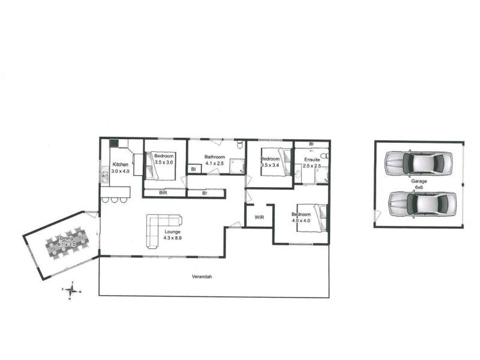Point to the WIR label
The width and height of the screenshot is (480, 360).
pyautogui.click(x=259, y=217)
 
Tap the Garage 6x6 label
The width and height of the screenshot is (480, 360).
pyautogui.click(x=419, y=183)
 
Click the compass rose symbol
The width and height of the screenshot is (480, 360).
pyautogui.click(x=72, y=290)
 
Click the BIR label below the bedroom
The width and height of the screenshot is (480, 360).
pyautogui.click(x=163, y=193)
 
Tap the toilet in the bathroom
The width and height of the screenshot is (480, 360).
pyautogui.click(x=239, y=145)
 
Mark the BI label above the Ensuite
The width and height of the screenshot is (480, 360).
pyautogui.click(x=311, y=145)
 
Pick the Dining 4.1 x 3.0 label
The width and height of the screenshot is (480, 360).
pyautogui.click(x=67, y=242)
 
